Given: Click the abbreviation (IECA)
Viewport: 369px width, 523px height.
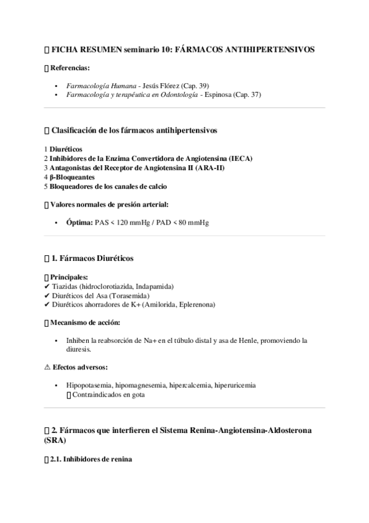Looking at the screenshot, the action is (240, 158).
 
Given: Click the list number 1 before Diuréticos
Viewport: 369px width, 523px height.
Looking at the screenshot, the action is (46, 149).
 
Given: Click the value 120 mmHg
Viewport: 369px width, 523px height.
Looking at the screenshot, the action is (123, 222).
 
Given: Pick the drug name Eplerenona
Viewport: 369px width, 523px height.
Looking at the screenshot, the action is (193, 305).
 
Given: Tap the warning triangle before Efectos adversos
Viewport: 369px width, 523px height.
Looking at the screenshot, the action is (47, 367).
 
